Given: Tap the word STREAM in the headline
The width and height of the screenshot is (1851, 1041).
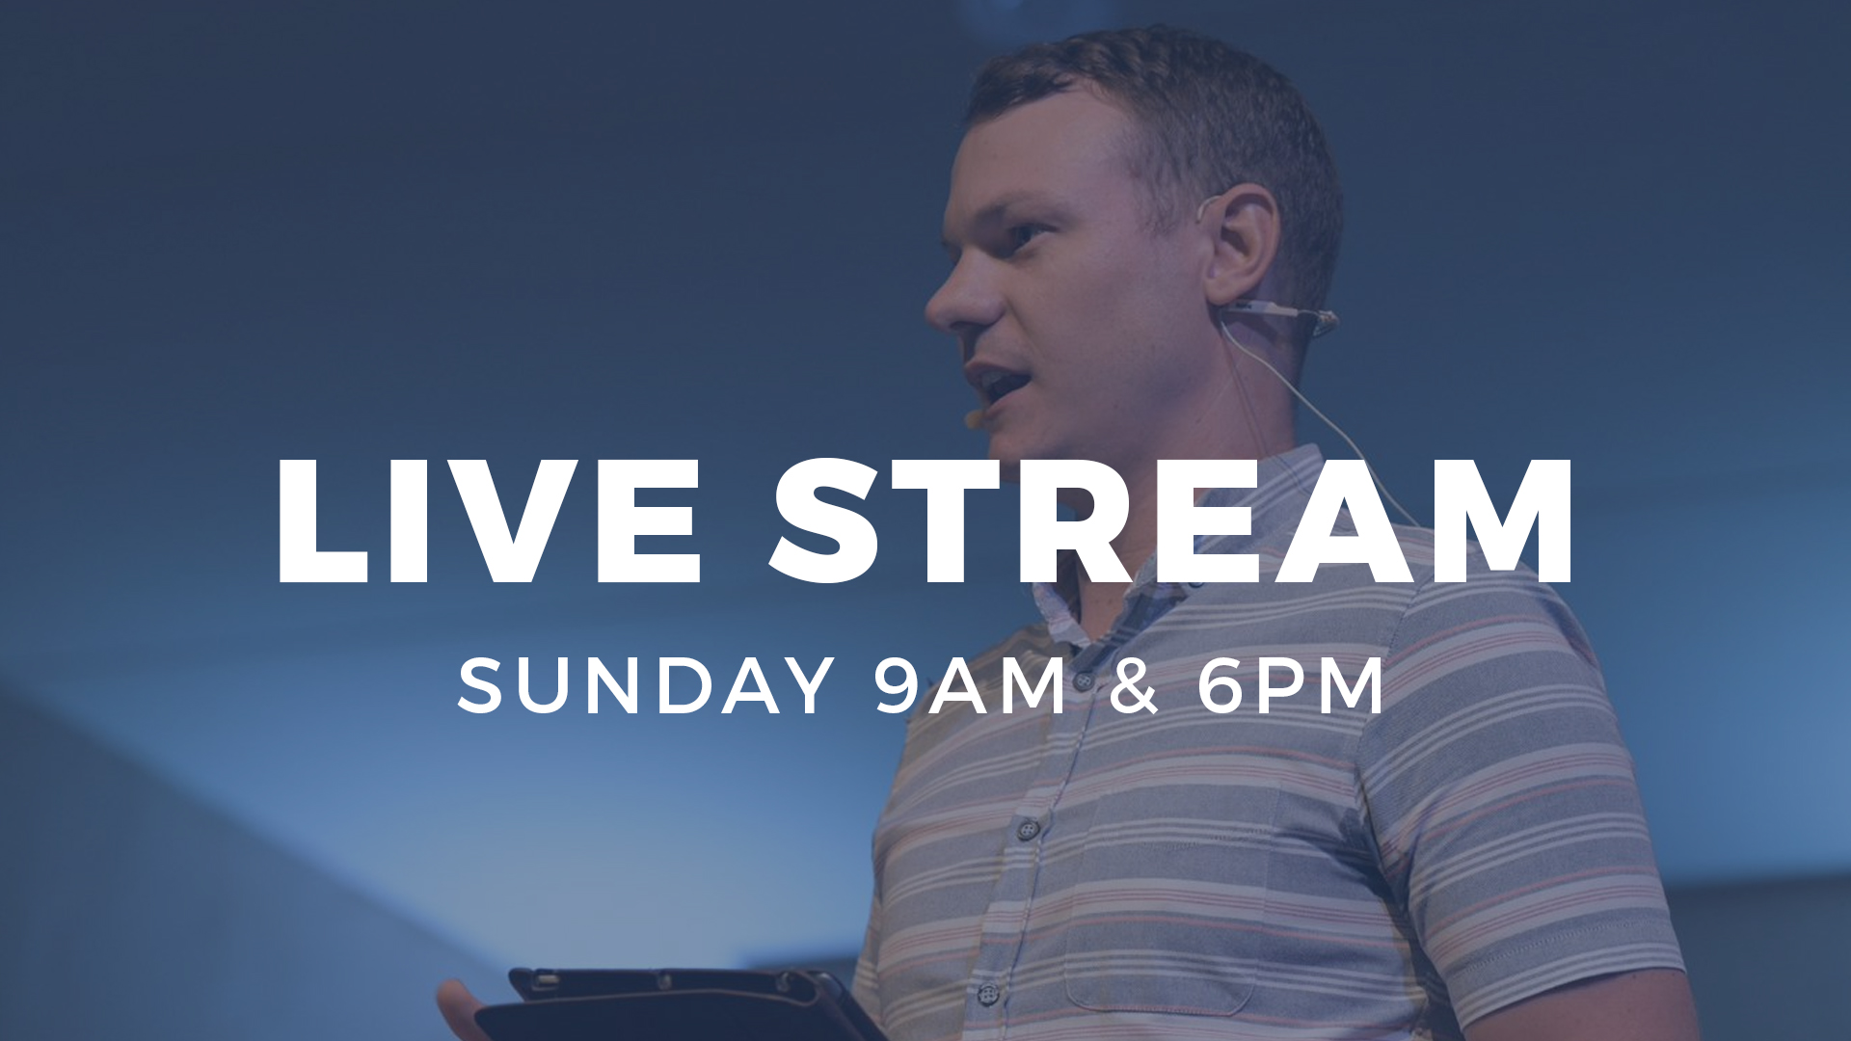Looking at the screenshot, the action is pyautogui.click(x=1171, y=520).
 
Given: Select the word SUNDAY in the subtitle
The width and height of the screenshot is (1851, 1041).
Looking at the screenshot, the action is pyautogui.click(x=646, y=685).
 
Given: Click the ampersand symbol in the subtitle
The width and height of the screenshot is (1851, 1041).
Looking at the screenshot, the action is pyautogui.click(x=1133, y=685).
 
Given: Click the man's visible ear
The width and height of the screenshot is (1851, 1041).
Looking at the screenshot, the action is pyautogui.click(x=1242, y=246).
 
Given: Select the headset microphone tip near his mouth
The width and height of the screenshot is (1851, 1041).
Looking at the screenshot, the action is pyautogui.click(x=975, y=418).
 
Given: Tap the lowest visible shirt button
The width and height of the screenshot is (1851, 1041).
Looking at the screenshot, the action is pyautogui.click(x=988, y=993).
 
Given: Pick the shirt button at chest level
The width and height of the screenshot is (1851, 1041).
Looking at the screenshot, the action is pyautogui.click(x=1030, y=828).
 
